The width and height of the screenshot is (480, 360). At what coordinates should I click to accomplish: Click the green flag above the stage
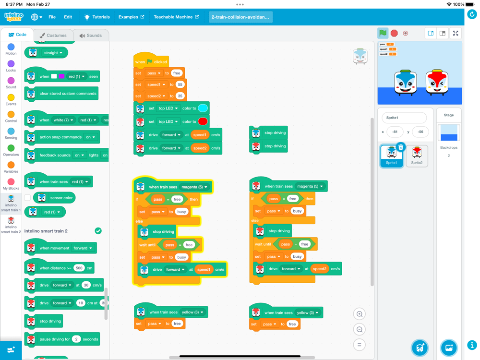pos(383,33)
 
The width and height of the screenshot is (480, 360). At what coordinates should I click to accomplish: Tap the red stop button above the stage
pos(394,33)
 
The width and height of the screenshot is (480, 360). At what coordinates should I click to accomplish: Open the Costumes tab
pos(53,36)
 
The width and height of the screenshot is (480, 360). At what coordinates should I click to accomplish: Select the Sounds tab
pos(91,36)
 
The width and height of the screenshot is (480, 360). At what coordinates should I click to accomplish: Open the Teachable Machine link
pos(176,17)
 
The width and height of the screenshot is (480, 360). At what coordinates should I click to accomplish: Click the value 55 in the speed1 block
pos(180,84)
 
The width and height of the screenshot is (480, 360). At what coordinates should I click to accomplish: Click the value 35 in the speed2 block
pos(180,96)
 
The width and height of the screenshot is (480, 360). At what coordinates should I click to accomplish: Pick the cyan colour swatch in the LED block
pos(203,108)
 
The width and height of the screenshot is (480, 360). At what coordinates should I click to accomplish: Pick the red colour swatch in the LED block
pos(203,121)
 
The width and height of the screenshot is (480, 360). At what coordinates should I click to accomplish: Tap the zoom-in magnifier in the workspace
pos(359,314)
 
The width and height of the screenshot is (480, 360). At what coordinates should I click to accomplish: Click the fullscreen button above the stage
pos(456,33)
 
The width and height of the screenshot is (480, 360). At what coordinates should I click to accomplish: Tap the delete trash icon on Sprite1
pos(401,147)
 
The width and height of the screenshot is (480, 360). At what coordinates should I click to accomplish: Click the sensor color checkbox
pos(27,198)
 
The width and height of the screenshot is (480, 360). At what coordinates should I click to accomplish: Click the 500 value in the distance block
pos(79,268)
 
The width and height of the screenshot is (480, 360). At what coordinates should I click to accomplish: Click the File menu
pos(52,17)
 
